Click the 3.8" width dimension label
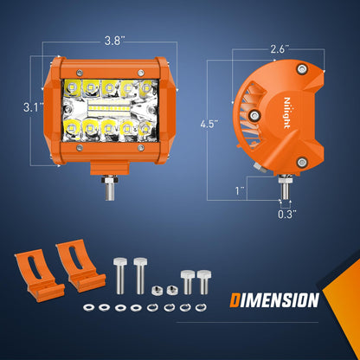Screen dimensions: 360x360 point(114,41)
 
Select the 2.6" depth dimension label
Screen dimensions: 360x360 point(280,49)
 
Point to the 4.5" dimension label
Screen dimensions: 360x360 point(209,125)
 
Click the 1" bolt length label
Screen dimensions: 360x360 point(240,190)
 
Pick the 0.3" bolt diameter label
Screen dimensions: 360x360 point(287,215)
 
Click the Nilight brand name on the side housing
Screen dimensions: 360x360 point(286,112)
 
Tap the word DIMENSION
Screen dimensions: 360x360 point(274,300)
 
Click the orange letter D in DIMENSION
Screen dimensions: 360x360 point(235,300)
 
